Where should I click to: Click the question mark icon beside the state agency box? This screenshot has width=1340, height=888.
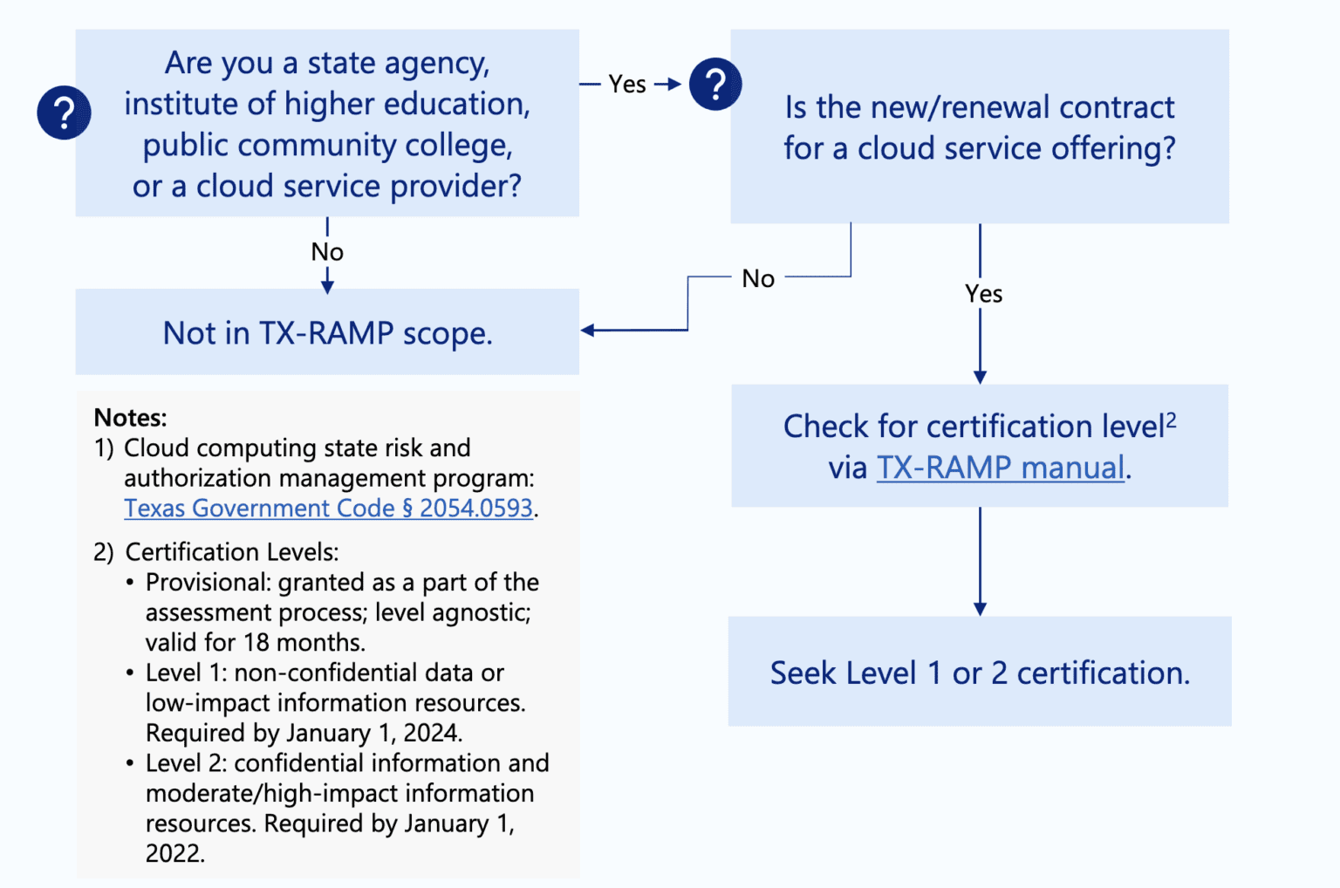point(64,113)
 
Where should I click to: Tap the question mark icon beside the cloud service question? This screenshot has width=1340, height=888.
point(715,85)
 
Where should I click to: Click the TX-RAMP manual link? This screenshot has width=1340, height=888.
point(1000,468)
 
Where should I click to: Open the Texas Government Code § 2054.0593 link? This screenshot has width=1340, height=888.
point(328,509)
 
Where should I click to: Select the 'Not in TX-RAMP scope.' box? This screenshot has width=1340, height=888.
point(327,332)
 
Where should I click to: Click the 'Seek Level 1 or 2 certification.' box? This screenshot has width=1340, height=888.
point(979,673)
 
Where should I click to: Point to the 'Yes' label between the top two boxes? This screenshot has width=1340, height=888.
point(627,85)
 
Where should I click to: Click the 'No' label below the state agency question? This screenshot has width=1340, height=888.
point(327,252)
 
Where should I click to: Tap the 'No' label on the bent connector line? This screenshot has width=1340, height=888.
point(758,279)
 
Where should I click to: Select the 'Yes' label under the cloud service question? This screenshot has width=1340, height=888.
point(983,294)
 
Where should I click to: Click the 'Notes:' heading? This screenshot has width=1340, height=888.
point(130,417)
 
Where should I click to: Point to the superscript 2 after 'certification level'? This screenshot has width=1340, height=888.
point(1171,420)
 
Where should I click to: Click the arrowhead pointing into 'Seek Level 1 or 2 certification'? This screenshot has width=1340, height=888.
point(980,609)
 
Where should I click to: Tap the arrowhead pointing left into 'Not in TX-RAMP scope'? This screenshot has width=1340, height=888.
point(588,331)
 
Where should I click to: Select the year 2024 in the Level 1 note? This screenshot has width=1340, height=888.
point(430,733)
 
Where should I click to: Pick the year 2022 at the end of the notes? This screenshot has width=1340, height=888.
point(173,853)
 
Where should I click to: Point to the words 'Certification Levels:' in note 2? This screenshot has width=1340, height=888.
point(231,552)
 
